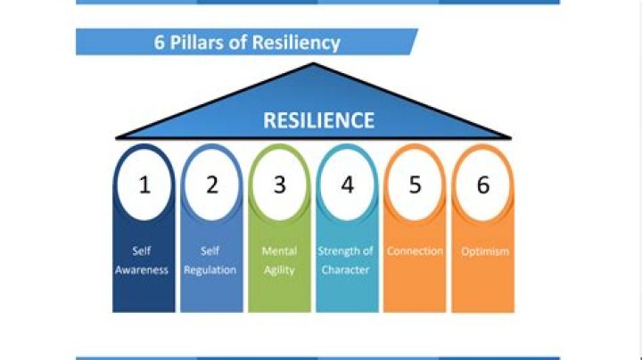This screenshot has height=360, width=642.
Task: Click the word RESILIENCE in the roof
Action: point(318,120)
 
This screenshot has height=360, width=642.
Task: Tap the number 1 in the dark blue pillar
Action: point(144,185)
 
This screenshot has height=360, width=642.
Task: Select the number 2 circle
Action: point(211,185)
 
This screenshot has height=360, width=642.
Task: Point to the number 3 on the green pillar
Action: point(280,185)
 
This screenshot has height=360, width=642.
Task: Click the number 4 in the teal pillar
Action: point(347,185)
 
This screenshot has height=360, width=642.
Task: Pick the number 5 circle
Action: point(415,185)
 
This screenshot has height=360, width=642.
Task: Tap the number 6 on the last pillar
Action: point(483,185)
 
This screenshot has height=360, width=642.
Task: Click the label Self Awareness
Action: point(142,260)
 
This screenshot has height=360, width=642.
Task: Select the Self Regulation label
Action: point(210,260)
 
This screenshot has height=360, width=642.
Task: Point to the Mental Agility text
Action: point(279,260)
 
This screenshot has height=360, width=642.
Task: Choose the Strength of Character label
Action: point(346,260)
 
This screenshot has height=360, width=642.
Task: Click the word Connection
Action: point(415,250)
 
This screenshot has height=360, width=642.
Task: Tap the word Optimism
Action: point(485,251)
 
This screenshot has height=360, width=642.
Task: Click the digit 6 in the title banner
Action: point(159,43)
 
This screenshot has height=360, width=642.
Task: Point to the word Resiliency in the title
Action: point(296,43)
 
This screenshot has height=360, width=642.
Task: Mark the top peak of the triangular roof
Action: point(313,63)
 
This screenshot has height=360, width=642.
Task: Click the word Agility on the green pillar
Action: point(279,270)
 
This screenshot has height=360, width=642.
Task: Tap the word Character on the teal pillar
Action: point(345,270)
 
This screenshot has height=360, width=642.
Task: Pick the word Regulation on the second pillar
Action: point(210,270)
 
